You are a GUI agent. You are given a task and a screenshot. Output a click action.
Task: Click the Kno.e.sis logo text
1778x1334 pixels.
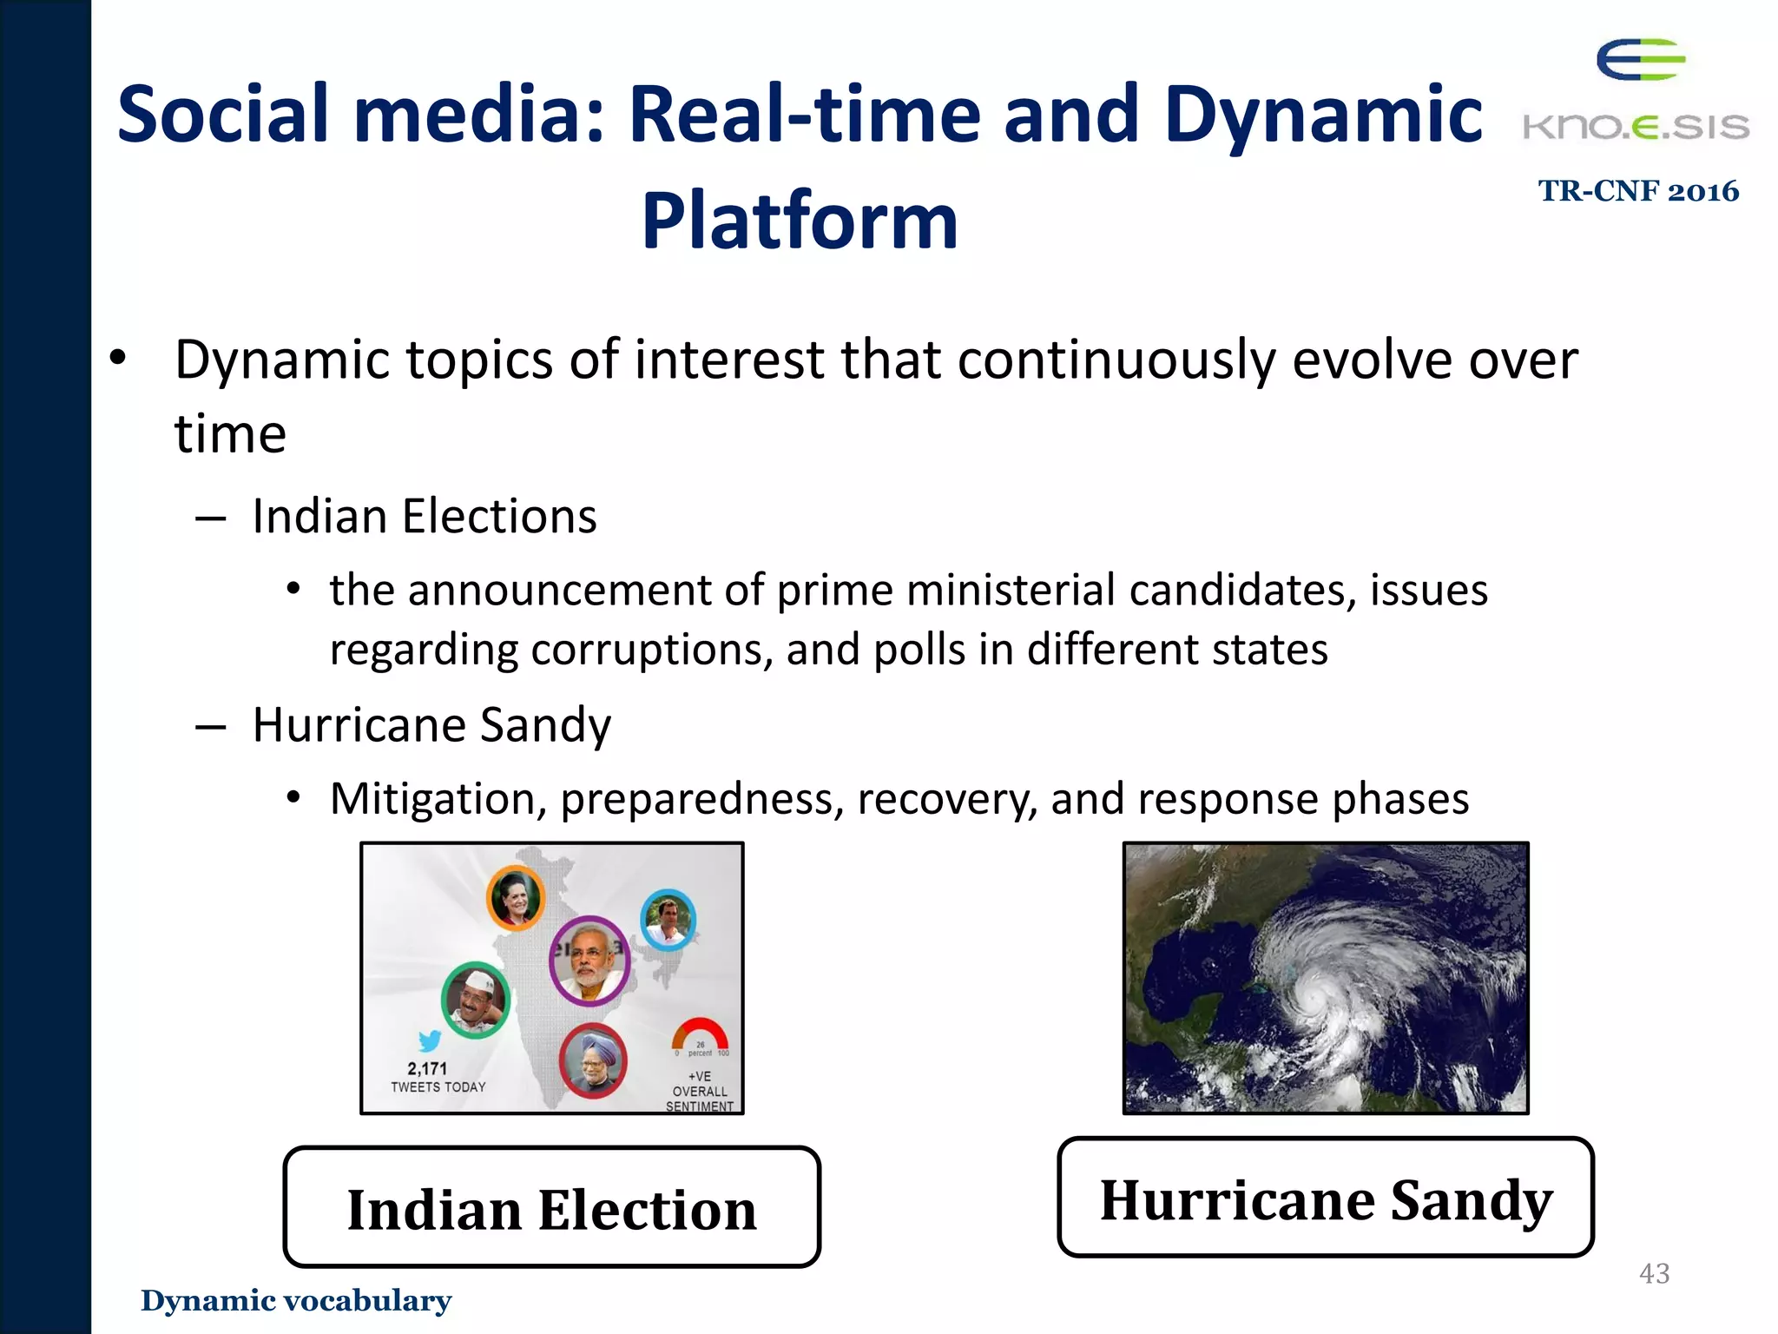[x=1636, y=128]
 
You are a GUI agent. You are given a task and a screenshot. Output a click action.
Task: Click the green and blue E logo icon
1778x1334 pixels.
[x=1640, y=60]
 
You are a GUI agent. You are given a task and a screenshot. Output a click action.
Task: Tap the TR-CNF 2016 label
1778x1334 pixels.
[x=1638, y=191]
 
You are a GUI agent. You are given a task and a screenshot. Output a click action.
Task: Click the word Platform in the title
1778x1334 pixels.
[x=800, y=221]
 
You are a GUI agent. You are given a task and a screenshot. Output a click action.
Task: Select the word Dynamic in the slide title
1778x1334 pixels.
[x=1323, y=115]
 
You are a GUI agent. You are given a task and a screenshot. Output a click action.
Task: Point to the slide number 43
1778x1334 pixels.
[x=1654, y=1273]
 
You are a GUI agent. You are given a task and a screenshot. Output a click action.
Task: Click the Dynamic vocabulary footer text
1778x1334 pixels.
[x=296, y=1300]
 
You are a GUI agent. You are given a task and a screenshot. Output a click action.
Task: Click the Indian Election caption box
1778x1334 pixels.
[x=551, y=1207]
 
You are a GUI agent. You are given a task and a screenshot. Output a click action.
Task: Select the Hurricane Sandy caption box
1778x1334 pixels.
[x=1326, y=1198]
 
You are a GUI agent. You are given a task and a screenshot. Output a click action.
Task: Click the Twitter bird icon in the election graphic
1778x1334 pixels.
[x=430, y=1040]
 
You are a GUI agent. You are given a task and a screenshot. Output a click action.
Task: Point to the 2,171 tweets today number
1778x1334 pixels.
[x=427, y=1068]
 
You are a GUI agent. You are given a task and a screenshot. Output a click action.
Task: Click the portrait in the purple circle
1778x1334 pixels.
[x=589, y=960]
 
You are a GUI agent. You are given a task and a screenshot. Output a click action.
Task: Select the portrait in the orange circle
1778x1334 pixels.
[x=516, y=898]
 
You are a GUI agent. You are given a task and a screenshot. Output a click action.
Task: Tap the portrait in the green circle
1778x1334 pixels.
[x=475, y=1000]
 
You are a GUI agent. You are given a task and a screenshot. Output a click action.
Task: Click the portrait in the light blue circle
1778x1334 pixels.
[x=668, y=920]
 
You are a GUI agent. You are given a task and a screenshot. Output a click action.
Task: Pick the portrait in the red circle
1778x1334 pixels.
[x=593, y=1060]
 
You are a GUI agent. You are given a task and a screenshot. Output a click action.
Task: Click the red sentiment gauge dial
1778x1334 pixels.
[x=700, y=1035]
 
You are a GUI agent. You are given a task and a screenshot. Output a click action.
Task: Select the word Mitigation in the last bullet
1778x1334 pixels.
[x=438, y=798]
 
